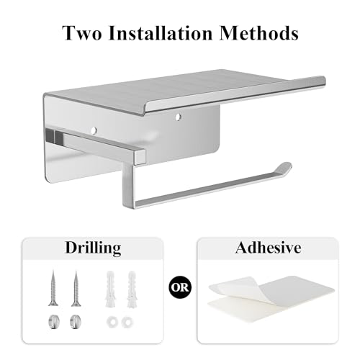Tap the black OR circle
click(179, 289)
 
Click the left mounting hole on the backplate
click(93, 130)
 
